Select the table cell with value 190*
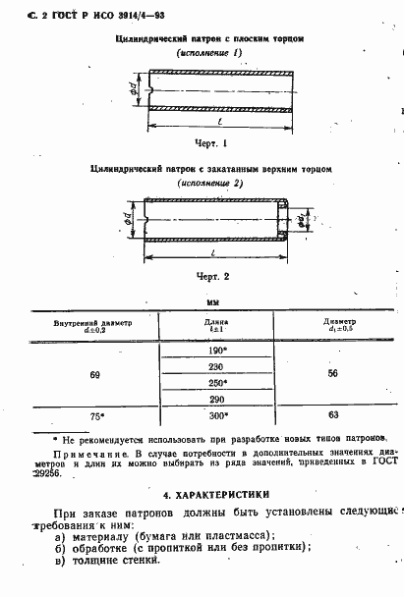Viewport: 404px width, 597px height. coord(217,351)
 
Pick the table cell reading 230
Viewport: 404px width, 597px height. coord(217,366)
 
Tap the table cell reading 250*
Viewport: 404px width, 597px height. coord(217,383)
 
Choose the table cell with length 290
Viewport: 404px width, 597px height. coord(217,400)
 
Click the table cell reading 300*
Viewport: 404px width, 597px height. coord(217,416)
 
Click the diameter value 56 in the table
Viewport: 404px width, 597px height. coord(333,374)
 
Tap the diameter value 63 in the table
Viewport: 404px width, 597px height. coord(333,416)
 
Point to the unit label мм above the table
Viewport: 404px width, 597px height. coord(212,303)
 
